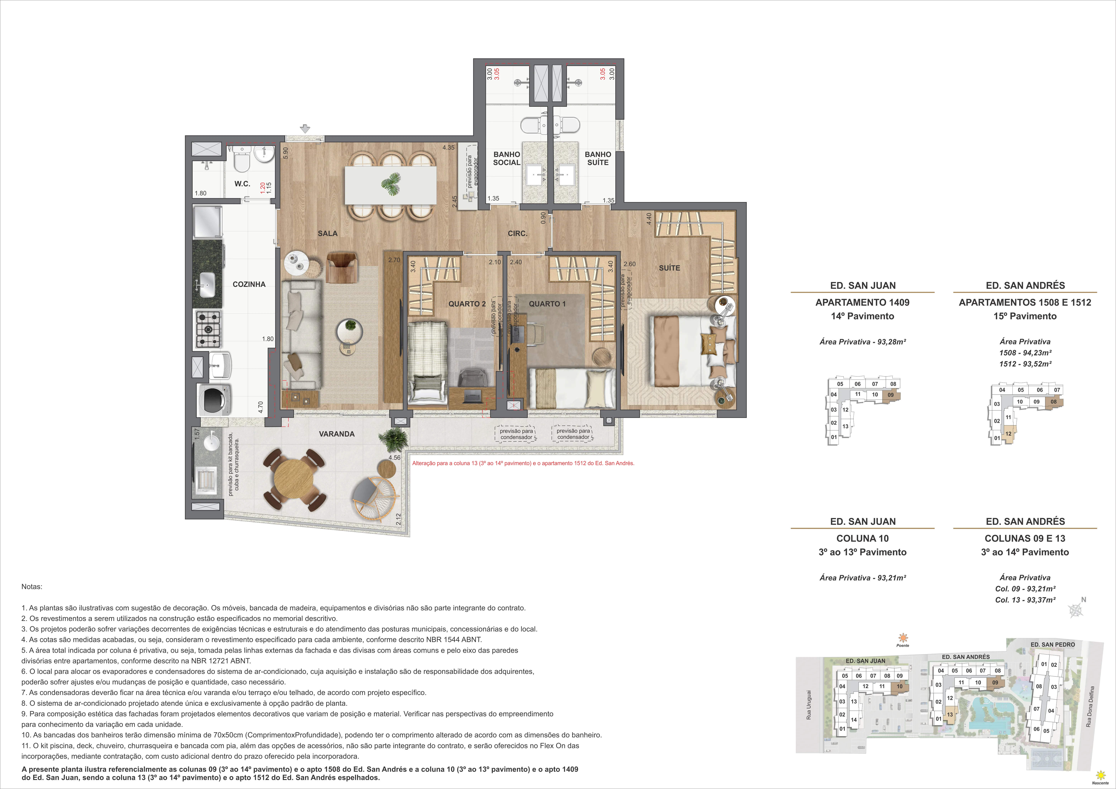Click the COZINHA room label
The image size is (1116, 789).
tap(249, 284)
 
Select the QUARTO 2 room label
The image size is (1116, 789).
tap(467, 304)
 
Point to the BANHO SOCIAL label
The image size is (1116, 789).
tap(506, 158)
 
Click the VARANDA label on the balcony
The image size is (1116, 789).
tap(336, 434)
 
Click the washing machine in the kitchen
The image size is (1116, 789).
tap(214, 400)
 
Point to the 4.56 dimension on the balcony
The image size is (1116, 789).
tap(394, 458)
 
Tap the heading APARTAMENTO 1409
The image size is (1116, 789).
tap(862, 302)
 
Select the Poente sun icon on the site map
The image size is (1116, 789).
tap(903, 638)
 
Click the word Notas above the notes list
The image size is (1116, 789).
tap(32, 586)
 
